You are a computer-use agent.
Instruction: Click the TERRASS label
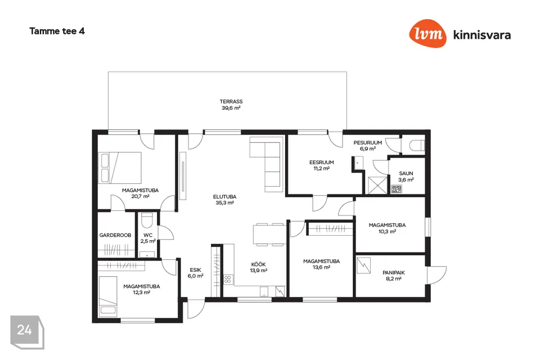[x=231, y=101]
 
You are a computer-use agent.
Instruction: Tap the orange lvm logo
[x=427, y=33]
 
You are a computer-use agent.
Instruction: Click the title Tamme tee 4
[x=57, y=31]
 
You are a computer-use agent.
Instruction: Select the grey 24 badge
[x=27, y=332]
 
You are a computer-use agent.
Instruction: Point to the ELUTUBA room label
[x=224, y=197]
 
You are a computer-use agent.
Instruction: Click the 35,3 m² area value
[x=224, y=203]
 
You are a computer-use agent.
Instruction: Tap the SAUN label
[x=406, y=173]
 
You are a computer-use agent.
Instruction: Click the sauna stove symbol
[x=397, y=189]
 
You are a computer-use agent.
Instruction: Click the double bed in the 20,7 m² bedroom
[x=120, y=168]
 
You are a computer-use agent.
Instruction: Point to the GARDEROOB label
[x=115, y=235]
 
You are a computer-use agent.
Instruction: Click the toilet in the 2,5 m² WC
[x=147, y=220]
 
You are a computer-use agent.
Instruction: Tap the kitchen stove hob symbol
[x=228, y=280]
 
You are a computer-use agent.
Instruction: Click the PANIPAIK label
[x=394, y=272]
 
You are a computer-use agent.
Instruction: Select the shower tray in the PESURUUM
[x=377, y=185]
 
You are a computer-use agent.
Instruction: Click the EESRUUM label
[x=321, y=162]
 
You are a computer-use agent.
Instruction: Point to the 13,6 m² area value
[x=321, y=267]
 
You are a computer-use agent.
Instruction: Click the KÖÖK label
[x=258, y=264]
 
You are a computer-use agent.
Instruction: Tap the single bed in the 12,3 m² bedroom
[x=108, y=296]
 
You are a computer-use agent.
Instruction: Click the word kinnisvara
[x=482, y=35]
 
